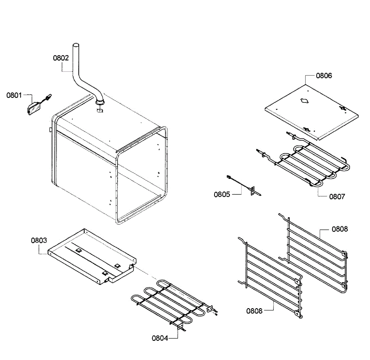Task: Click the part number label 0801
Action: (x=14, y=95)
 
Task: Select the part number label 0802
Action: (x=61, y=58)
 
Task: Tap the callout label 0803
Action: (x=39, y=241)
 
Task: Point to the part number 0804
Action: (x=160, y=338)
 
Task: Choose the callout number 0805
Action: (x=222, y=194)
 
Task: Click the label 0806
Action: (x=324, y=76)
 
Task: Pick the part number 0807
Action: (x=337, y=197)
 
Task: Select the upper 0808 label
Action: (x=340, y=229)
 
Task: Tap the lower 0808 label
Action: (x=254, y=311)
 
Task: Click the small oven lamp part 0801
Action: (x=34, y=109)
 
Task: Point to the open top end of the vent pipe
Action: (x=76, y=46)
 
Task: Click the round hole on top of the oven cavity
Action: (x=100, y=110)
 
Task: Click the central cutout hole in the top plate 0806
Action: (x=304, y=101)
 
